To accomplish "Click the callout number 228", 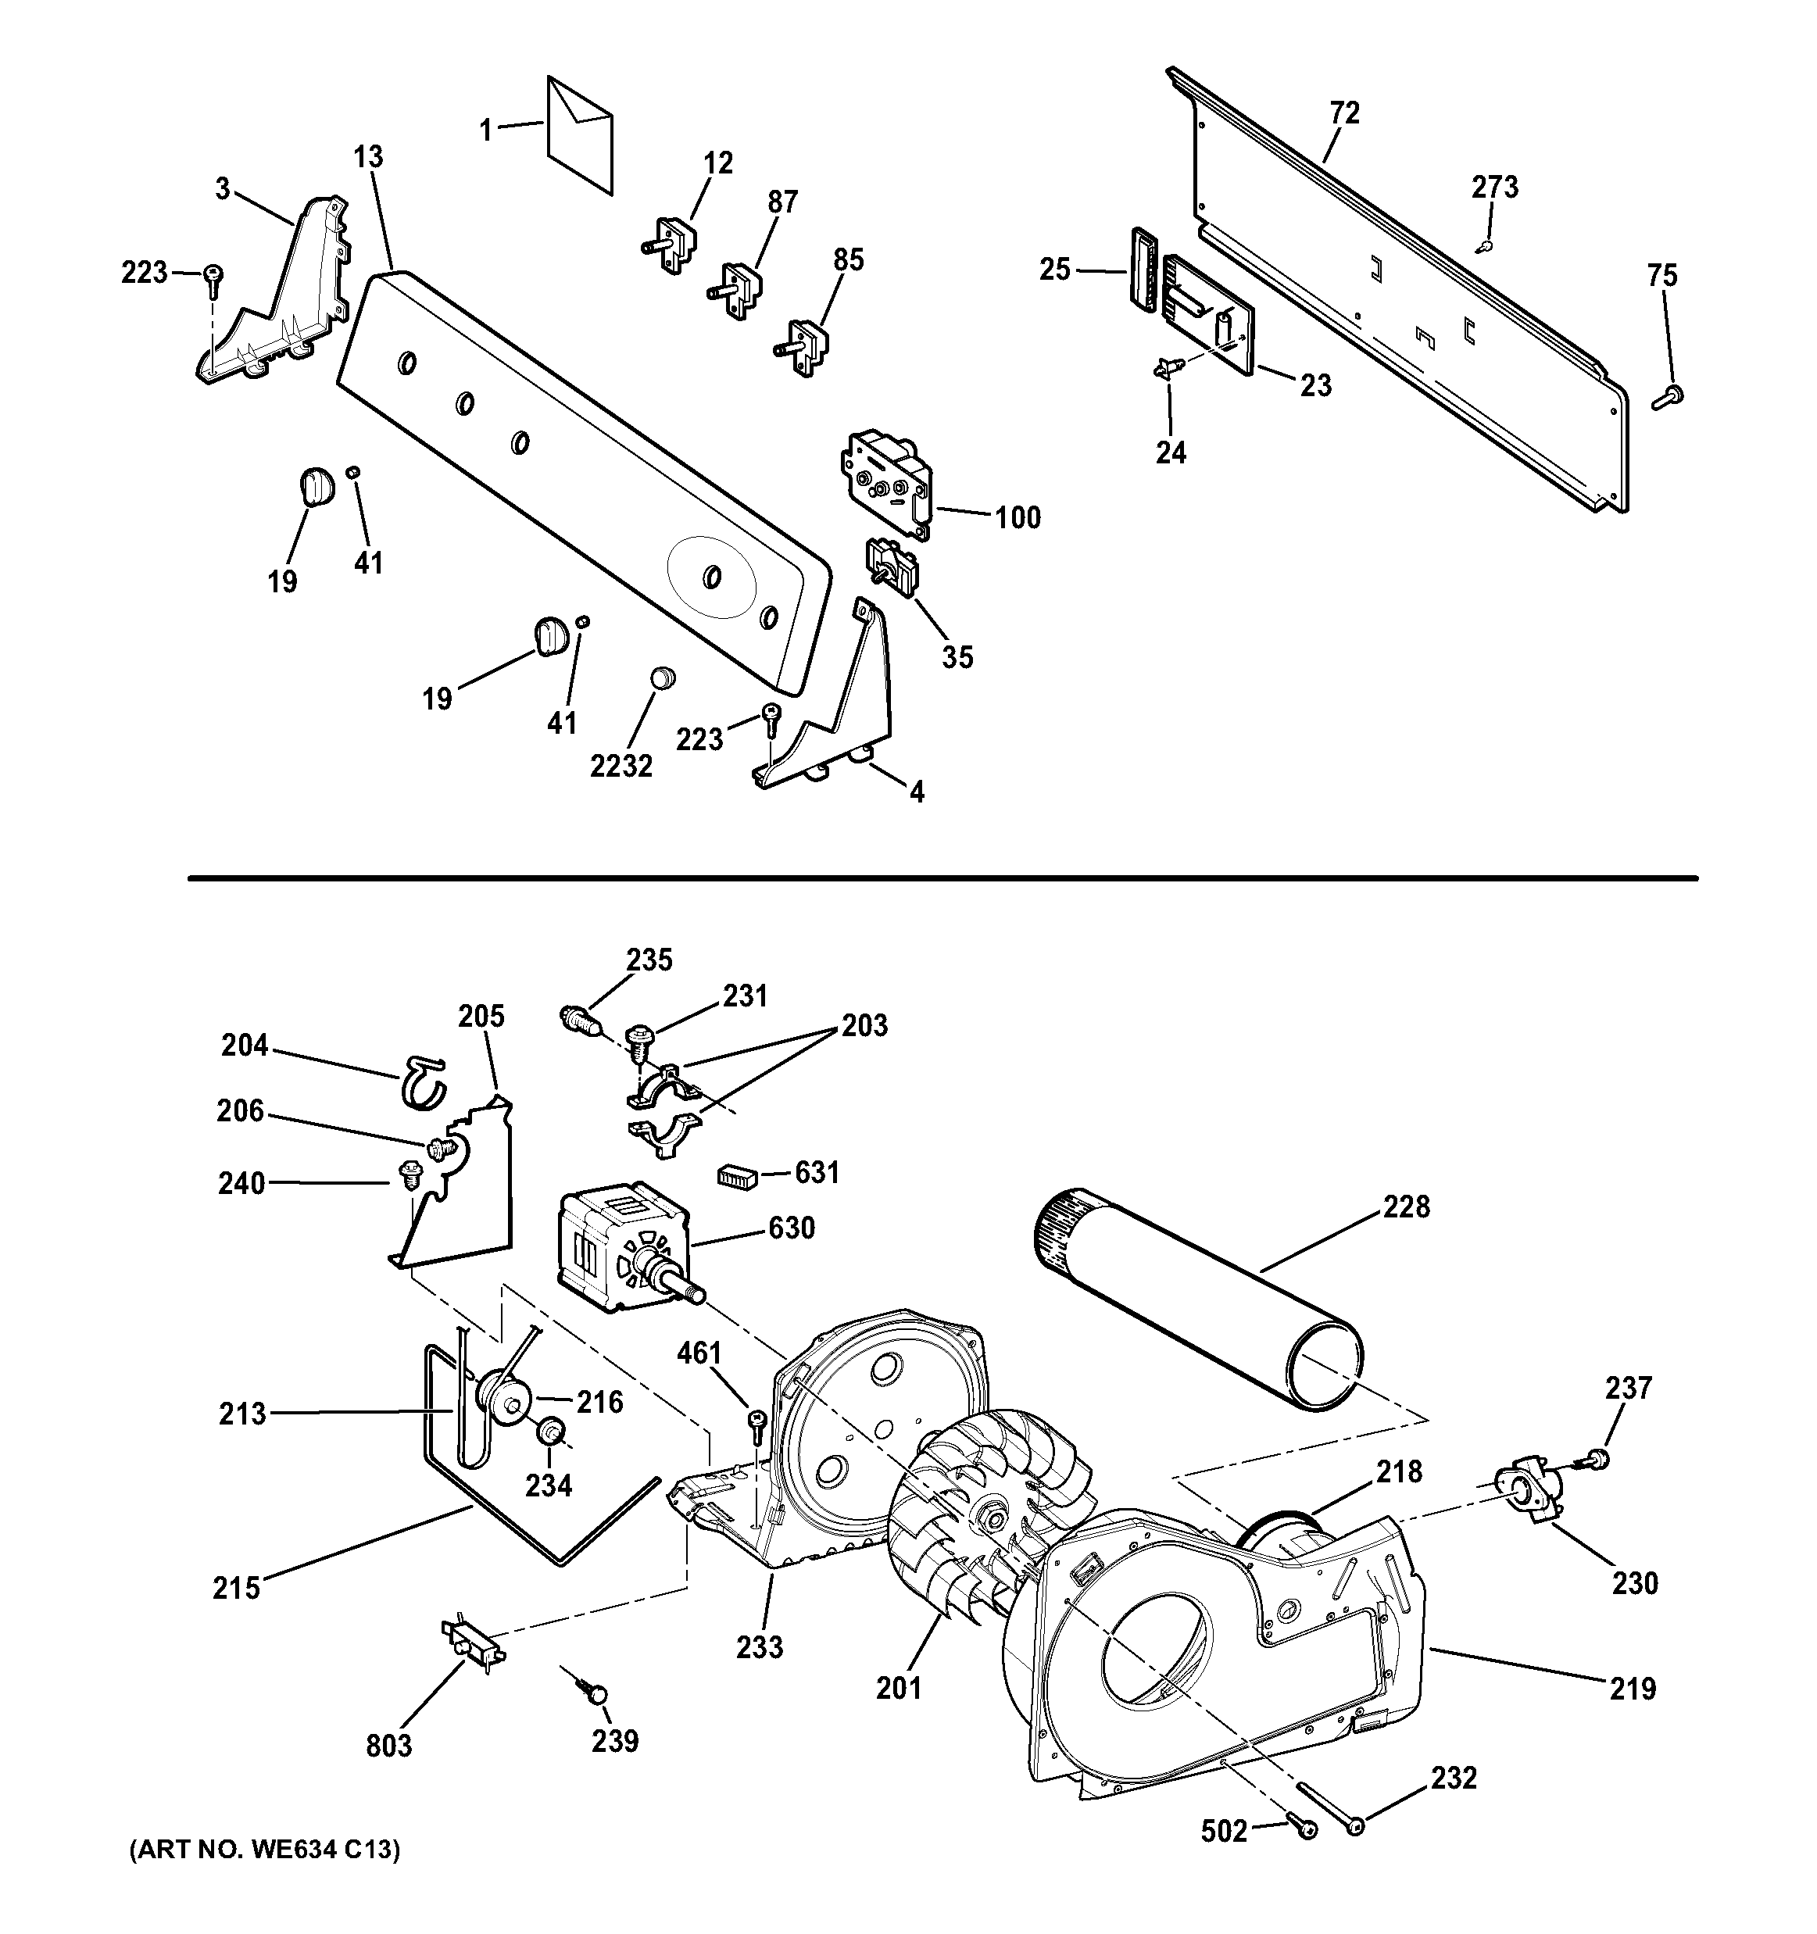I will [1407, 1207].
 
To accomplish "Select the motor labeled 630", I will [621, 1248].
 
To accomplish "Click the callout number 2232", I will [621, 767].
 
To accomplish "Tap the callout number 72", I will [1344, 114].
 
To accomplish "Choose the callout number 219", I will [1633, 1689].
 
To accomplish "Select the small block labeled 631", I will [737, 1176].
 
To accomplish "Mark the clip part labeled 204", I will [422, 1081].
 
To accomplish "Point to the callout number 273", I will [1494, 187].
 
